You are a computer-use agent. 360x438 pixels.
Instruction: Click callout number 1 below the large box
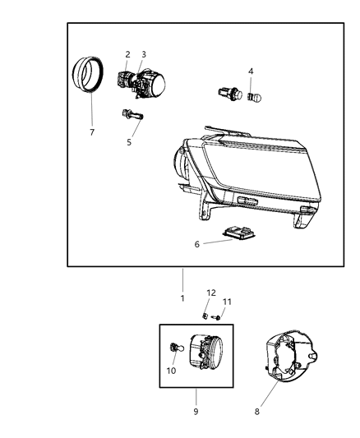point(182,297)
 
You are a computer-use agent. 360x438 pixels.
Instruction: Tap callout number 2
point(127,54)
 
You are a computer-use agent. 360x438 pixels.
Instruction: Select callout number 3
point(143,54)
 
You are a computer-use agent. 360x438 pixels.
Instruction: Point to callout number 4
point(251,71)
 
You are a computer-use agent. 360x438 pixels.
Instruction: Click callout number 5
point(128,142)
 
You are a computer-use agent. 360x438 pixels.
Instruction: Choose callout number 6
point(196,244)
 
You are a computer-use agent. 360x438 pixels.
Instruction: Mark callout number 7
point(91,132)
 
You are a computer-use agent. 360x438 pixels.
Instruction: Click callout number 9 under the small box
point(196,411)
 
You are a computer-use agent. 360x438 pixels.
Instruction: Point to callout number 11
point(228,302)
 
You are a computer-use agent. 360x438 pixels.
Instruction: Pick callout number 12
point(210,293)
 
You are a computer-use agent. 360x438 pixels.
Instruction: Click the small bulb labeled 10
point(173,349)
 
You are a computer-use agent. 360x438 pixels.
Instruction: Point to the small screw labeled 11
point(217,316)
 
